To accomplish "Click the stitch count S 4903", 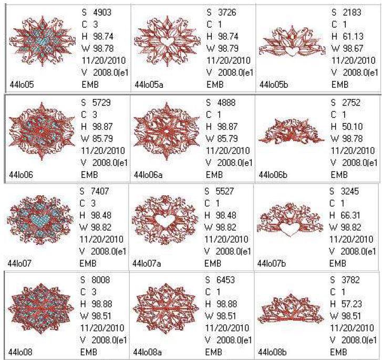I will coord(97,12).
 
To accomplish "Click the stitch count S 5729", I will coord(97,102).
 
